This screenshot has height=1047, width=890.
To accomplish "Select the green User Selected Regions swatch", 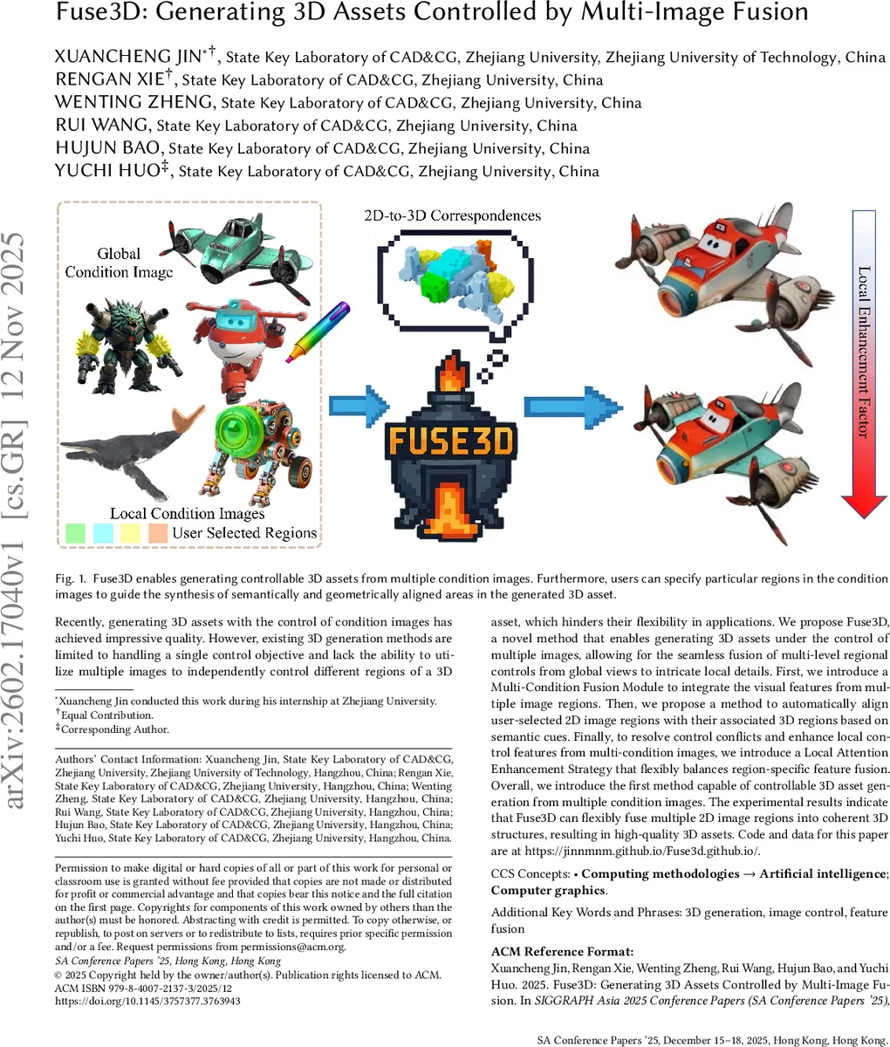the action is tap(75, 532).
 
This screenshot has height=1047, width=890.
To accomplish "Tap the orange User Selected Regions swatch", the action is tap(158, 532).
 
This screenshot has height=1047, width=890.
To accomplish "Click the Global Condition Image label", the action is tap(119, 263).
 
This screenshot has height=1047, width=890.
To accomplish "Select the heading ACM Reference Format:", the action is tap(562, 952).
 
